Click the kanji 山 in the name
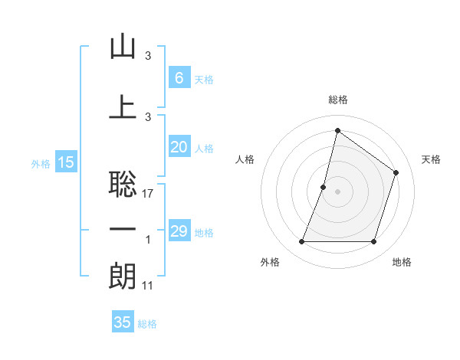[x=123, y=47]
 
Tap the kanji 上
[x=123, y=106]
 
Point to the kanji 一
[x=123, y=230]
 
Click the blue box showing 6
[x=179, y=78]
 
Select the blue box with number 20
[x=179, y=147]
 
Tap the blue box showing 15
[x=66, y=162]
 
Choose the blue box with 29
[x=179, y=231]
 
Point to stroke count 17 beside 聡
[x=148, y=194]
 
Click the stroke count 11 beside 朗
[x=148, y=286]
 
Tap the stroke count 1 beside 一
[x=148, y=240]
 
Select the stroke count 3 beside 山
[x=148, y=57]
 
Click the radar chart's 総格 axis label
[x=337, y=100]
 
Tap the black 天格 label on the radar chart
[x=431, y=159]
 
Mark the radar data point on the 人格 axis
[x=324, y=187]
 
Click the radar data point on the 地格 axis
[x=373, y=242]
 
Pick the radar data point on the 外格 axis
[x=301, y=242]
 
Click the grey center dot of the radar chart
[x=337, y=191]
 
